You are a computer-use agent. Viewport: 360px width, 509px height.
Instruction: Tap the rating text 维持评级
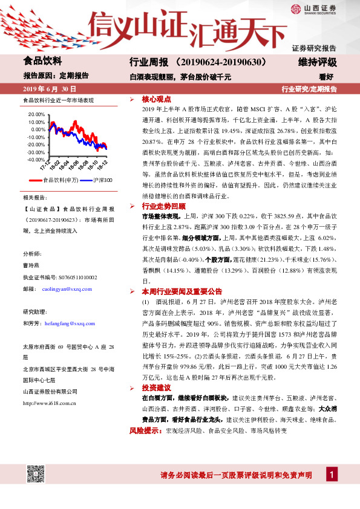point(318,62)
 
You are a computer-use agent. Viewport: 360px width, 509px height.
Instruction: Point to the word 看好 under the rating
point(327,76)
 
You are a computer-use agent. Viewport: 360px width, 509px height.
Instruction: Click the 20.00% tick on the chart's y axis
point(36,114)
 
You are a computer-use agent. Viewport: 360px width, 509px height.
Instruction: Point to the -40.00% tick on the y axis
point(36,160)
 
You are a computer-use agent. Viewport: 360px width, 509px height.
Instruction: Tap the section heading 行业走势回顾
point(161,206)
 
